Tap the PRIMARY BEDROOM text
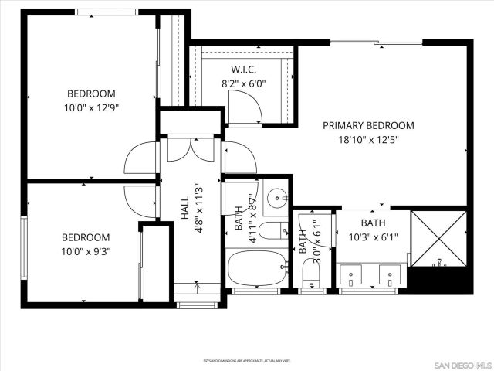368,125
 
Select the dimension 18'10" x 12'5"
368,140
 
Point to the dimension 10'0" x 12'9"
91,109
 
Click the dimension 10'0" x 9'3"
86,252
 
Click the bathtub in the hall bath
257,268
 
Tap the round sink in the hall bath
276,198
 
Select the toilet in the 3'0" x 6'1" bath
312,271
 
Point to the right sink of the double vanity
390,274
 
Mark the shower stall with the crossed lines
438,237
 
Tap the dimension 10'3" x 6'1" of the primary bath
373,238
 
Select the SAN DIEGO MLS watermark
460,364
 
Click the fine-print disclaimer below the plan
247,360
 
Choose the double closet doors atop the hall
191,148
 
